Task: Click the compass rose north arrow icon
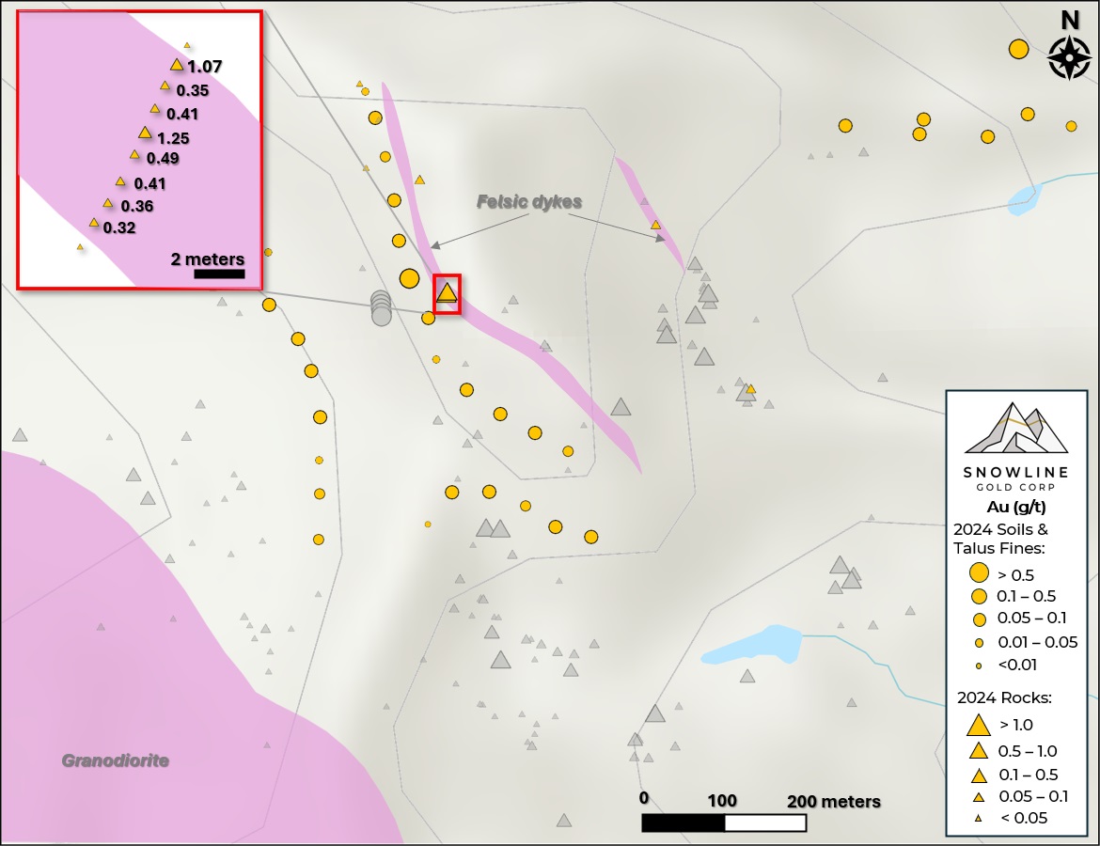[1069, 57]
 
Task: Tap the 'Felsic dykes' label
[529, 202]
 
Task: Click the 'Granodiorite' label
[116, 760]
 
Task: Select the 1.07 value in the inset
[204, 67]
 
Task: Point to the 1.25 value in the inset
[173, 138]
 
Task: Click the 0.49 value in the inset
[163, 158]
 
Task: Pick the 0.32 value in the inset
[119, 227]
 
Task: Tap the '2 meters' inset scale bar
[219, 274]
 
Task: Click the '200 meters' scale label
[834, 802]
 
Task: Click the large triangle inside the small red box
[447, 292]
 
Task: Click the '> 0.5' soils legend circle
[979, 572]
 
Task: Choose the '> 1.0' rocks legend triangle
[979, 725]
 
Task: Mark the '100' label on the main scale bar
[722, 801]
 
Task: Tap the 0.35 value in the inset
[193, 91]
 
